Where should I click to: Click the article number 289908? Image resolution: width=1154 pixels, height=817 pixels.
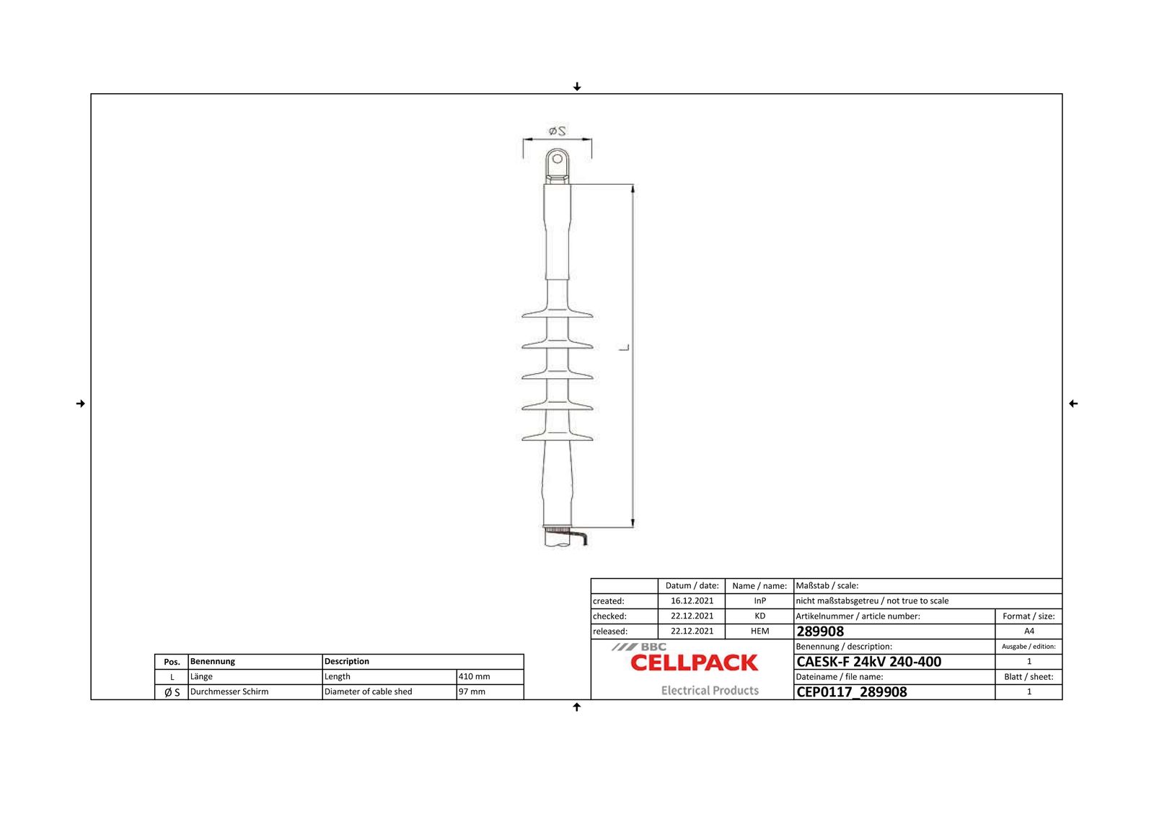point(820,632)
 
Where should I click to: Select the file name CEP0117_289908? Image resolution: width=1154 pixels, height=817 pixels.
point(851,692)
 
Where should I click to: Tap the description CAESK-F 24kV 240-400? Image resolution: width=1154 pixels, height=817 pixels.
point(868,662)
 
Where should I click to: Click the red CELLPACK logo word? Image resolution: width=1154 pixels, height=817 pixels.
point(694,663)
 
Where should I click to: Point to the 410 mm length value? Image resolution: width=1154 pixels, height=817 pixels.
point(475,677)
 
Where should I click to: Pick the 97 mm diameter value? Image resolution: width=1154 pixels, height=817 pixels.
point(472,692)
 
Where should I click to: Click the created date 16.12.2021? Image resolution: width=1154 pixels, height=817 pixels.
point(692,601)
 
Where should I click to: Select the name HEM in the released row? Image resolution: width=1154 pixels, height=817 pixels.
point(759,632)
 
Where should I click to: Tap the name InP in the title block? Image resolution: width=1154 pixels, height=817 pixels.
point(759,601)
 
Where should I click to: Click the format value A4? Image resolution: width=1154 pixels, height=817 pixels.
point(1029,632)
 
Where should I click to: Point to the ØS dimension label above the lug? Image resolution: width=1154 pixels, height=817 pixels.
point(558,131)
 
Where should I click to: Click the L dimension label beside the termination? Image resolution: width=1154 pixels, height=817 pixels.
point(625,348)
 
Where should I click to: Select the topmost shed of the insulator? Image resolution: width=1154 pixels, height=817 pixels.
point(558,314)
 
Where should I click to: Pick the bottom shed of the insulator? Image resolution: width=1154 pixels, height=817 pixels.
point(558,436)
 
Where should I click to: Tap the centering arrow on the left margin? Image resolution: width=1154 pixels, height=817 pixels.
point(80,403)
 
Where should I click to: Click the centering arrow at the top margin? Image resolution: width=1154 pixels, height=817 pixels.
point(577,87)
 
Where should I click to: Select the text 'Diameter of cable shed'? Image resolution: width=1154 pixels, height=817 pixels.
point(369,692)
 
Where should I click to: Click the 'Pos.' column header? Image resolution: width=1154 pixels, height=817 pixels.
point(172,662)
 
